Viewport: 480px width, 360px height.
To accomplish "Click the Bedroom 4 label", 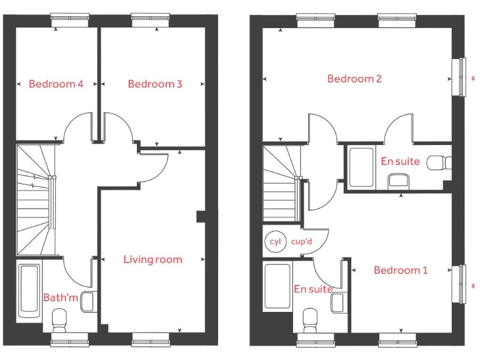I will tap(56, 84).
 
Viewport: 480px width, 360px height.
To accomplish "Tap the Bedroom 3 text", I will tap(155, 84).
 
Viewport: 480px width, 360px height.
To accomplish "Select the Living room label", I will tap(152, 259).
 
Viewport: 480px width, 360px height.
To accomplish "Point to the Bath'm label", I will tap(61, 297).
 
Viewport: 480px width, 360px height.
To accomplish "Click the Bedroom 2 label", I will tap(354, 79).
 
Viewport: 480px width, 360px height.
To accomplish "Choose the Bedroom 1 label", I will tap(401, 270).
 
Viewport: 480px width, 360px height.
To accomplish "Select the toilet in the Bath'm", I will tap(60, 321).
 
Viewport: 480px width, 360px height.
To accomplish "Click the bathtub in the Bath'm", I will tap(29, 291).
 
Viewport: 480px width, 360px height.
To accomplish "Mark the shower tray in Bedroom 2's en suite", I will tap(361, 167).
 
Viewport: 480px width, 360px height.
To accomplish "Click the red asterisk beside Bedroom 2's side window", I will tap(472, 78).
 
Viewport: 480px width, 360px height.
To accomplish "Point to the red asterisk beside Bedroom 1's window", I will tap(472, 286).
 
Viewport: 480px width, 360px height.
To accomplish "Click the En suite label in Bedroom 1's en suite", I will tap(313, 289).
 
